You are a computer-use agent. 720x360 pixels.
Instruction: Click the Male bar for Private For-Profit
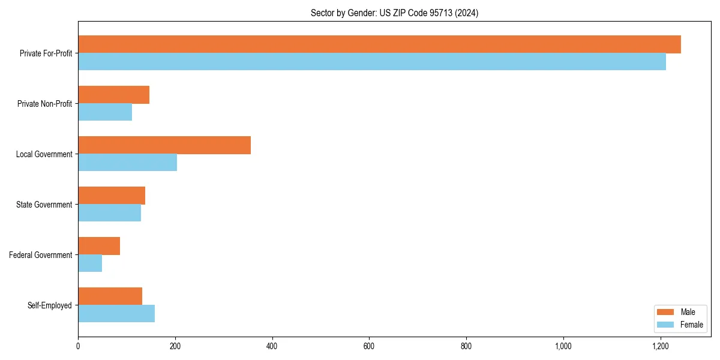coord(379,44)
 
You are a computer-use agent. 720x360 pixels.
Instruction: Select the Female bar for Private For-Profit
coord(372,62)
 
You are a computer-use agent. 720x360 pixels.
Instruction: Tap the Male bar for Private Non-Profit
coord(113,95)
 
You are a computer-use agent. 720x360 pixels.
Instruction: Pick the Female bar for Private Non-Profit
coord(105,112)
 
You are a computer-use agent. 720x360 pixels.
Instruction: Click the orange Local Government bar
coord(164,145)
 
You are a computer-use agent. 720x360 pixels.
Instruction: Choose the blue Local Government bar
coord(127,163)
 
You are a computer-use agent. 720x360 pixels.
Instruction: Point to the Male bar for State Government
coord(112,196)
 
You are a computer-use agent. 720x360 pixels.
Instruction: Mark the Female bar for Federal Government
coord(90,263)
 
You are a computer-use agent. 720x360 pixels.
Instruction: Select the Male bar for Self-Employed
coord(110,296)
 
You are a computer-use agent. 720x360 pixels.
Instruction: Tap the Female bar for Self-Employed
coord(116,314)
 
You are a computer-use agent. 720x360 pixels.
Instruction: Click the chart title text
coord(394,13)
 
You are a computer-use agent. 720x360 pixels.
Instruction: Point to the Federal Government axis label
coord(41,255)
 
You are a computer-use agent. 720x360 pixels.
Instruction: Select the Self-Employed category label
coord(50,305)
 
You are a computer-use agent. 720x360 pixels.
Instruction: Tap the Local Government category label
coord(44,154)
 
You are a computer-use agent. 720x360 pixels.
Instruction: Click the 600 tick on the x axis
coord(369,346)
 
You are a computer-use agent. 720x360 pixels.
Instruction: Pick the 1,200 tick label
coord(660,346)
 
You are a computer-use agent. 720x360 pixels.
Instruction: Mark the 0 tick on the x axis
coord(78,346)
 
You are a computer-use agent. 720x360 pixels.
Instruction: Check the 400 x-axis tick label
coord(272,346)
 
